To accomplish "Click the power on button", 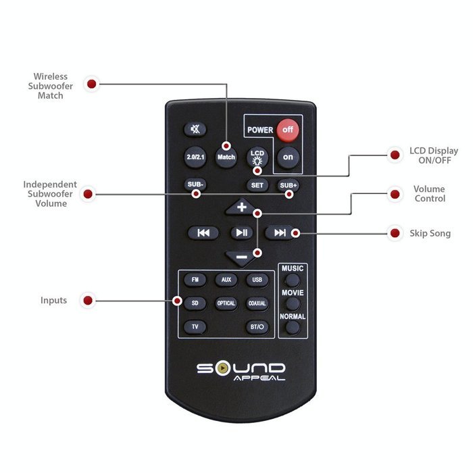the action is click(288, 157).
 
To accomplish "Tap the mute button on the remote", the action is click(195, 130).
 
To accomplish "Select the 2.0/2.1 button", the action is click(195, 157).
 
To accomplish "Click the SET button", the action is click(257, 185).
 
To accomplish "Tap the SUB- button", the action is click(195, 184).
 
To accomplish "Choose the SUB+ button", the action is click(288, 185).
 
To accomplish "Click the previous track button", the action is click(203, 232).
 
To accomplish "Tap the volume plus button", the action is click(241, 207).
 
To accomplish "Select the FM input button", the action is click(195, 280).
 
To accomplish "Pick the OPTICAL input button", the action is click(226, 303).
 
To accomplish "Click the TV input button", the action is click(195, 326).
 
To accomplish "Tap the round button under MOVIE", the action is click(293, 304).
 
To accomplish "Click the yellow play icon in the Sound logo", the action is click(222, 368).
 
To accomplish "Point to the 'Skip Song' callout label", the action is click(430, 233).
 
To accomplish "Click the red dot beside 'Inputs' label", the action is click(88, 301).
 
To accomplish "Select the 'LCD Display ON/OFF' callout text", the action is click(434, 155).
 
